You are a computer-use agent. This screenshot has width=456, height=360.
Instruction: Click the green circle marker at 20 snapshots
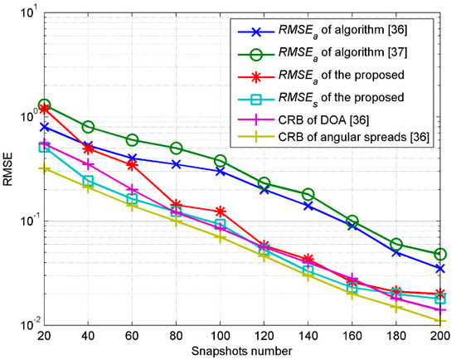coord(44,105)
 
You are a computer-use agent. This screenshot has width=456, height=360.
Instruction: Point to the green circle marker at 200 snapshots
coord(438,254)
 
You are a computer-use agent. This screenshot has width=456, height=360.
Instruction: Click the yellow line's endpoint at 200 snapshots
coord(438,322)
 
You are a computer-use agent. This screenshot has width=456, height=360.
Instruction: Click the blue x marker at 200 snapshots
coord(438,269)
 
